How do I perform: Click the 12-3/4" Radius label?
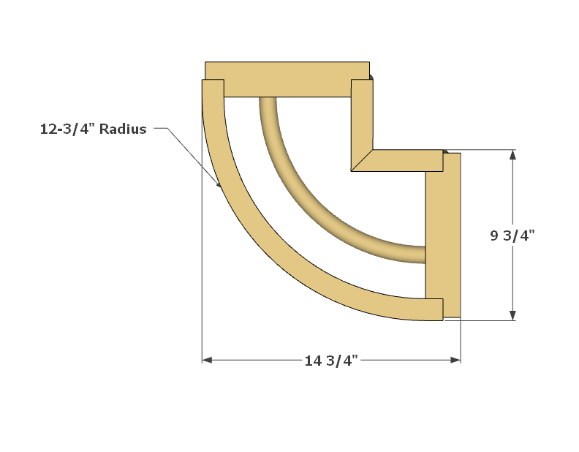(x=93, y=129)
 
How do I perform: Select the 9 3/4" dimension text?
(x=512, y=236)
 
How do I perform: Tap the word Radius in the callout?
(x=123, y=129)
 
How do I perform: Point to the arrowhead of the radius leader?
(x=219, y=185)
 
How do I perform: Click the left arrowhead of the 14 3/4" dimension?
(x=207, y=360)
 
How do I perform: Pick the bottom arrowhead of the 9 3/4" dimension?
(x=513, y=315)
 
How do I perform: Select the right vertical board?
(x=443, y=234)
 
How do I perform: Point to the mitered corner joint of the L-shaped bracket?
(x=363, y=161)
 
